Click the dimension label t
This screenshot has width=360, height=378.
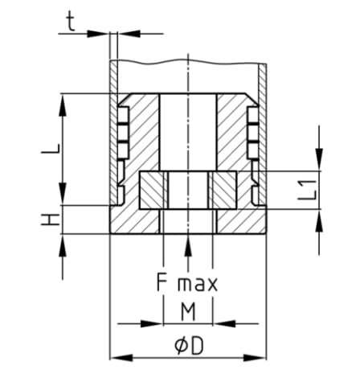coord(72,22)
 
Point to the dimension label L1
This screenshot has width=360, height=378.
coord(305,191)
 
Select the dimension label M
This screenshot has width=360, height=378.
coord(187,310)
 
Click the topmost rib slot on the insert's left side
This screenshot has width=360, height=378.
coord(123,109)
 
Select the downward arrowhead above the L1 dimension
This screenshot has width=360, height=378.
coord(321,160)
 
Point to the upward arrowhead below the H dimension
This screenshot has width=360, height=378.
coord(63,245)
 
